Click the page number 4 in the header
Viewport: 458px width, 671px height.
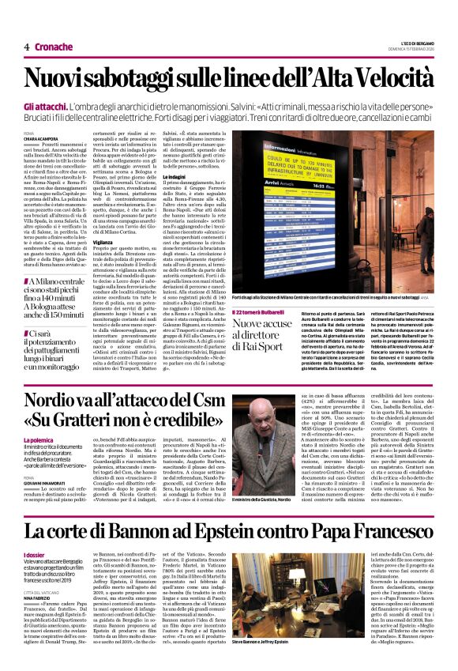coord(27,47)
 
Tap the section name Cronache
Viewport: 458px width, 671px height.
coord(53,47)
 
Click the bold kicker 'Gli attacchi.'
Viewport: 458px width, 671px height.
coord(45,105)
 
